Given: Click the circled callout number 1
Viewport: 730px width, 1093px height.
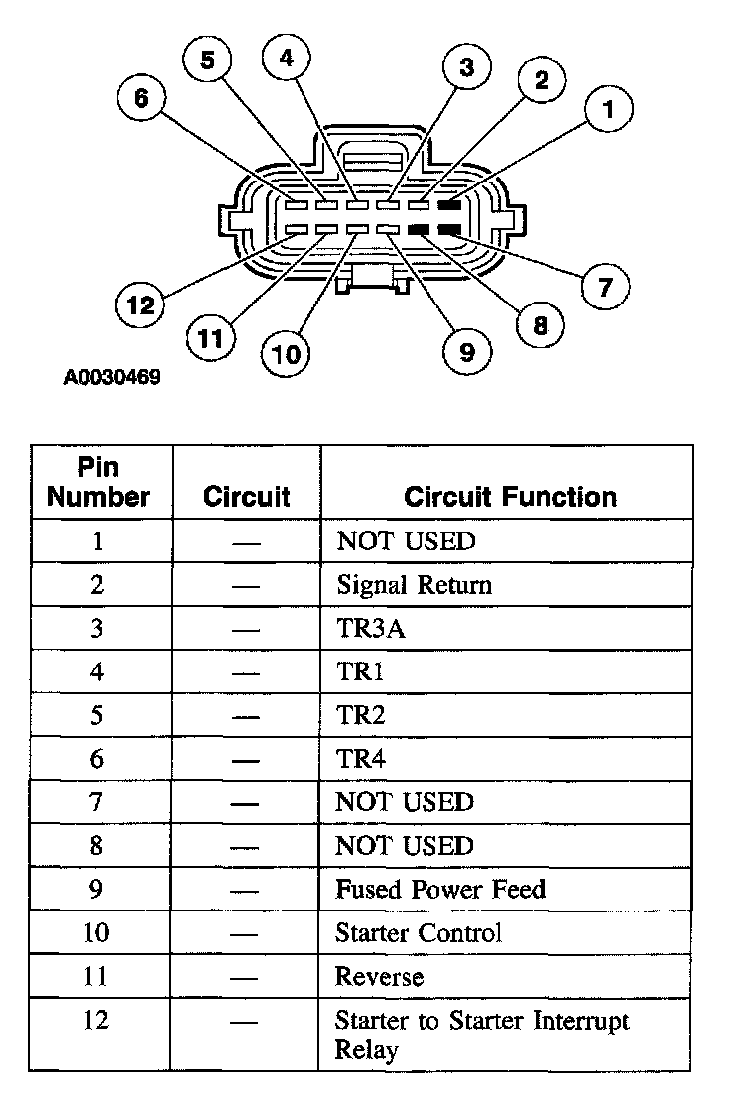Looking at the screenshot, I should (x=609, y=111).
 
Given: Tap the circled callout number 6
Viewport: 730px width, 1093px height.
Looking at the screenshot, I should (x=141, y=98).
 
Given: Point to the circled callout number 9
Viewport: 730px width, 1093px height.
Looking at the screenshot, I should (x=463, y=350).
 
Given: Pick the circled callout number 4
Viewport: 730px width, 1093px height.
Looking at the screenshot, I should (x=286, y=59).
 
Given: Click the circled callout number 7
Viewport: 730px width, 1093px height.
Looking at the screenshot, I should (x=604, y=287).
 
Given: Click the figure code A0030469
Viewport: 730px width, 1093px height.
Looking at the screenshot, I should (x=112, y=378).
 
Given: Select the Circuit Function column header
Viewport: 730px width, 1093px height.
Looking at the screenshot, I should (x=510, y=497).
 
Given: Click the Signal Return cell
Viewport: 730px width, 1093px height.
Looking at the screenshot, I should (x=414, y=584).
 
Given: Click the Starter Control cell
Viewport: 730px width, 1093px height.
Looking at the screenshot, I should (x=419, y=932).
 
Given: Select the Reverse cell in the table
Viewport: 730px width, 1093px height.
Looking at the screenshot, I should (x=380, y=976).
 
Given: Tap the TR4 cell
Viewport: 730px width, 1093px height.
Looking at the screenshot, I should (x=360, y=759).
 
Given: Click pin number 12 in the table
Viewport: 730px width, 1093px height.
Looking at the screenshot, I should (x=97, y=1020).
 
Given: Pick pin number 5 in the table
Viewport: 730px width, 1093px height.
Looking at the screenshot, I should (x=97, y=715).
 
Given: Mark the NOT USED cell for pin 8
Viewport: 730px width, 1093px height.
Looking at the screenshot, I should (x=405, y=845).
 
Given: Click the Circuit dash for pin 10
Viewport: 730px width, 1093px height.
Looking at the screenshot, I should (x=246, y=933).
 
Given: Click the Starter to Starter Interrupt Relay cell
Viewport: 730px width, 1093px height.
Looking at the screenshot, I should (x=482, y=1034).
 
